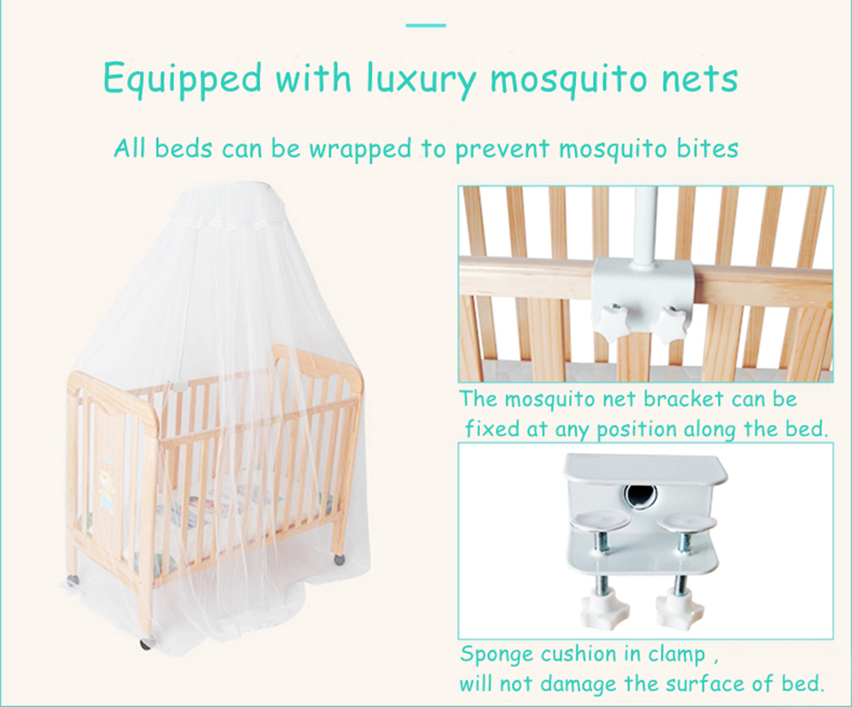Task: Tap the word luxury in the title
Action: (422, 78)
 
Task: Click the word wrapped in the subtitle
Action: (361, 147)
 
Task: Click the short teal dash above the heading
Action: (425, 25)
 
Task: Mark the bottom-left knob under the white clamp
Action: (605, 608)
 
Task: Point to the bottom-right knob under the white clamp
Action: (679, 608)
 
